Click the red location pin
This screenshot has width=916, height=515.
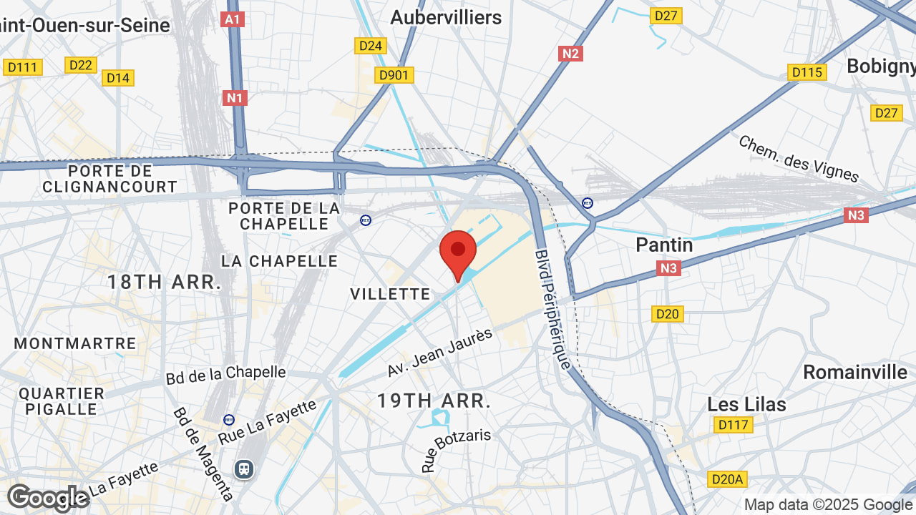pos(458,252)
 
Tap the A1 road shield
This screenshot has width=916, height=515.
pos(233,19)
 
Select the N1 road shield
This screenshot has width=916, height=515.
pos(235,97)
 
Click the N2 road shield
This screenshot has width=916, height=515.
pos(571,54)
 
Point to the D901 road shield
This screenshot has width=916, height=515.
pos(395,75)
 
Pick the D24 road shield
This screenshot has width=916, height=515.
pos(371,46)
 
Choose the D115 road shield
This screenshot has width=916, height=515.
pos(807,72)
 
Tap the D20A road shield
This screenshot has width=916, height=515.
pos(727,479)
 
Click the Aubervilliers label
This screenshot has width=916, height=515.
pos(446,17)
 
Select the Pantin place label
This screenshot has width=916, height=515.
pos(665,245)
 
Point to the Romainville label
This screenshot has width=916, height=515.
pos(854,372)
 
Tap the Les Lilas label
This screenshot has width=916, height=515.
pos(746,404)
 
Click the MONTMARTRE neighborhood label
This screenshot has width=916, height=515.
pos(75,343)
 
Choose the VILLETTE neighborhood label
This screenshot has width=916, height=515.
pos(390,294)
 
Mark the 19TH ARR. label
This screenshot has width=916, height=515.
pos(434,401)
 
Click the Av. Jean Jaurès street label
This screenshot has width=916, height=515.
pos(440,353)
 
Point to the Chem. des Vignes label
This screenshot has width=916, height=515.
pos(798,158)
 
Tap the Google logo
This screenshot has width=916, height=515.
pos(49,498)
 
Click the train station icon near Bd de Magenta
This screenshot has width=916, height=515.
pos(244,469)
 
